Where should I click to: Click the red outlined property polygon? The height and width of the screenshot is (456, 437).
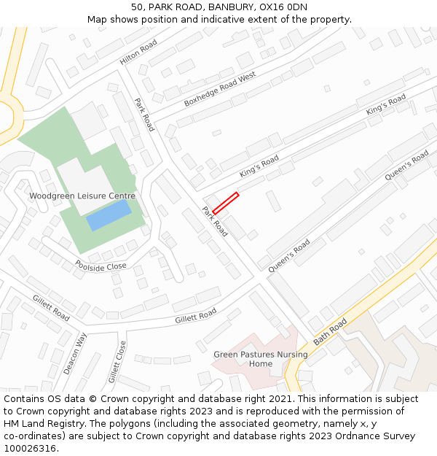coord(226,203)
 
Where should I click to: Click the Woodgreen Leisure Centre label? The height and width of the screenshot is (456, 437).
coord(82,196)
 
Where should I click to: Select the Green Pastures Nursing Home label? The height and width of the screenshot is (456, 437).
coord(260,359)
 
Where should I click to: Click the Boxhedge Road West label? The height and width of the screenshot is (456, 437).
coord(220,89)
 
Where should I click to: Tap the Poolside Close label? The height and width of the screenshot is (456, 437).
coord(101,265)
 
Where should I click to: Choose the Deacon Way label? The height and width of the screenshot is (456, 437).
coord(75,353)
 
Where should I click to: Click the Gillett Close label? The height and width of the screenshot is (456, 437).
coord(117,361)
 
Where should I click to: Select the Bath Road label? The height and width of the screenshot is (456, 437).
coord(331,331)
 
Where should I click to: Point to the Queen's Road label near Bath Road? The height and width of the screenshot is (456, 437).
coord(289,255)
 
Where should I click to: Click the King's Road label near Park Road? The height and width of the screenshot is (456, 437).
coord(259,166)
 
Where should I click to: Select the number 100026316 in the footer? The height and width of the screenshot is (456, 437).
coord(28,448)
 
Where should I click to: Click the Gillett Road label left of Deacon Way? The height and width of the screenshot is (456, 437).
coord(51,308)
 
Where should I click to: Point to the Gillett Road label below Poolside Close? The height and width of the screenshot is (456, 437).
coord(195,316)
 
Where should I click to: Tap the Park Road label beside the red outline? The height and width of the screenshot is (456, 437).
coord(216,222)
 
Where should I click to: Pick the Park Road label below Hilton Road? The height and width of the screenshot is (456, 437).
coord(145,115)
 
